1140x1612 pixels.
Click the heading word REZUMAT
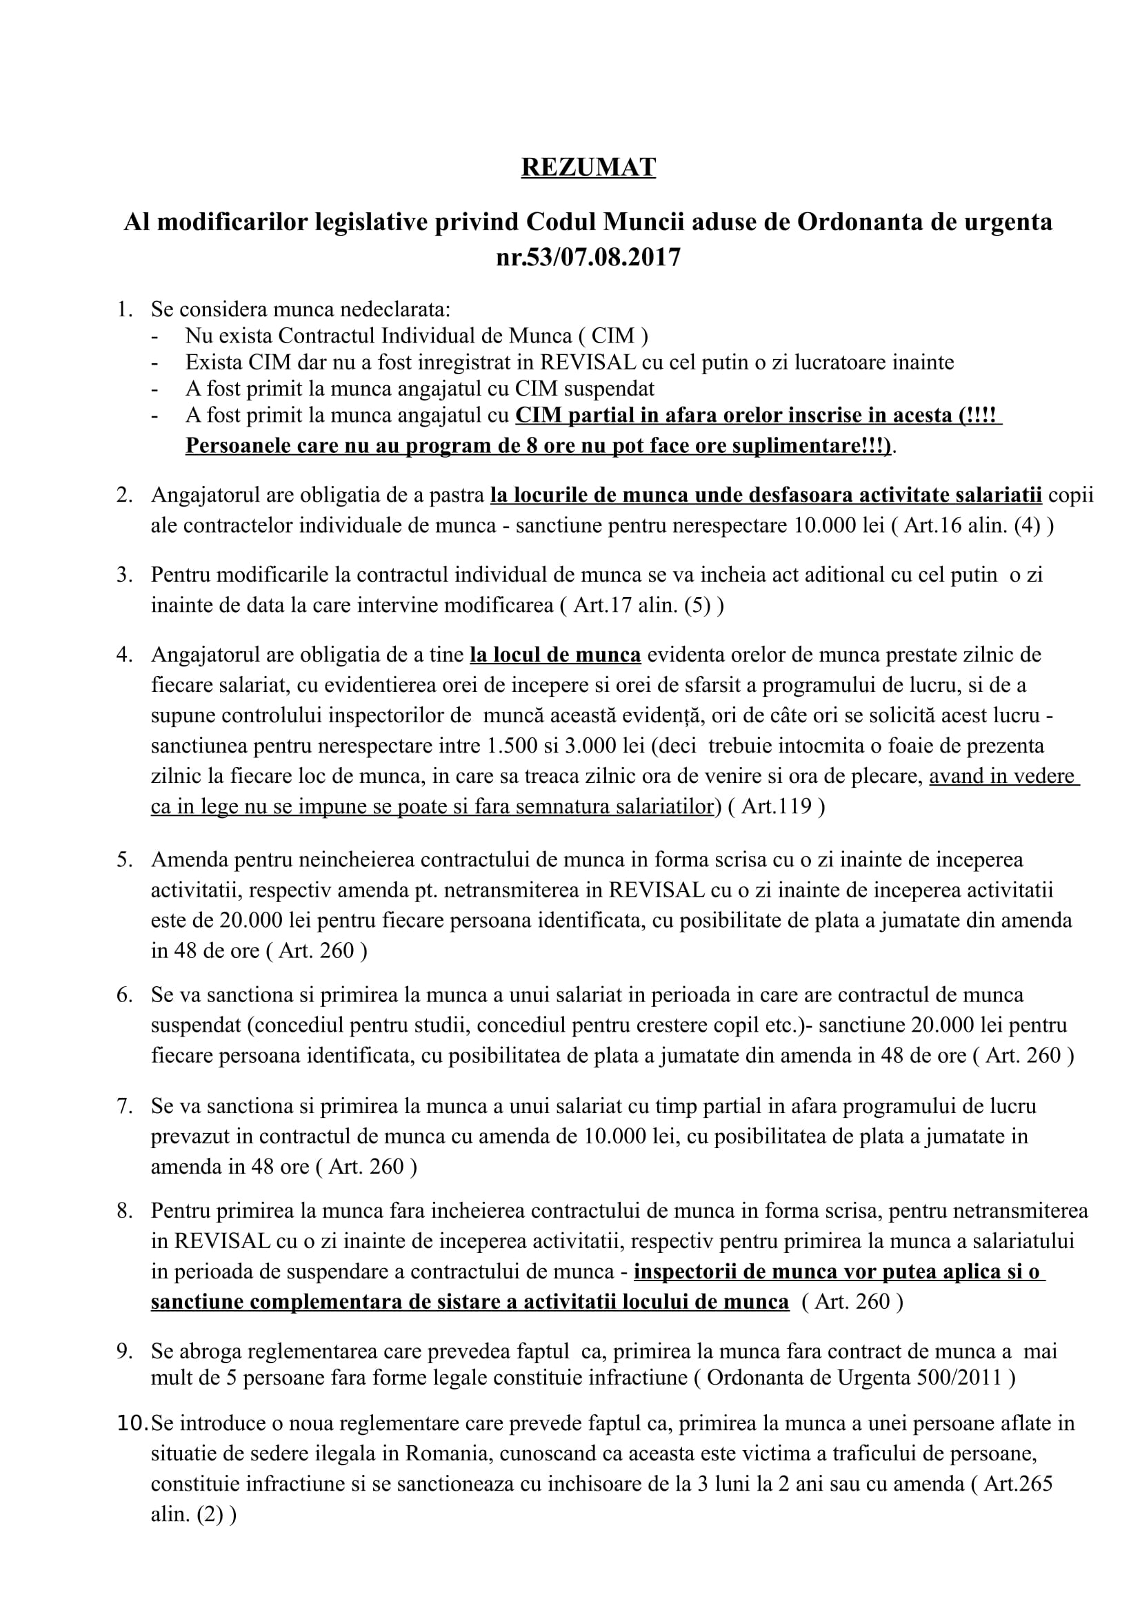point(588,167)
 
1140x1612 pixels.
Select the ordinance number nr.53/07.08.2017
point(588,258)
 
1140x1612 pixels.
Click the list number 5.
point(123,859)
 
